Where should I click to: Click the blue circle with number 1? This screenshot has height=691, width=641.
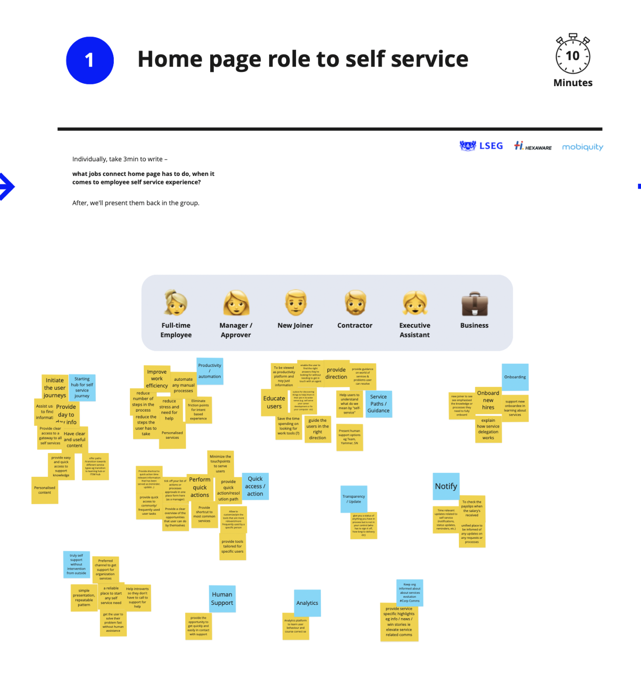(x=90, y=60)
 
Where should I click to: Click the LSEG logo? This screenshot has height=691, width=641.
(x=481, y=146)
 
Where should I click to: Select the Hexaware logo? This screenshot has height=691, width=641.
(x=533, y=146)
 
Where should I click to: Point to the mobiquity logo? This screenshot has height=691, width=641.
(x=582, y=147)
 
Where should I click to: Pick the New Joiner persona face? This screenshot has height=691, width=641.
(x=296, y=303)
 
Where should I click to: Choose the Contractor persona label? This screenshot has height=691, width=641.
(x=354, y=325)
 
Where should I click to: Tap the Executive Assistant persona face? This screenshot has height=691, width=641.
(x=415, y=303)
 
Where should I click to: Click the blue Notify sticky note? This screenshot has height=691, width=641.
(x=446, y=486)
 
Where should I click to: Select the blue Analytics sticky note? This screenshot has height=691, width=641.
(x=307, y=603)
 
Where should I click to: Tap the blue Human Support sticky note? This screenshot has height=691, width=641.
(x=222, y=599)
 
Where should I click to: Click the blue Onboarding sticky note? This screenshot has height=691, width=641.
(x=515, y=377)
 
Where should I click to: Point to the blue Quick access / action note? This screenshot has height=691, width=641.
(x=255, y=486)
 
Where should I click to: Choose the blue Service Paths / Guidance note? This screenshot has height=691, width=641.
(x=379, y=404)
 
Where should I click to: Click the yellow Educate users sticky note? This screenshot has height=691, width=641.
(x=274, y=402)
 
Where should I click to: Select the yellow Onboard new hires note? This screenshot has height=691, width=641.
(x=488, y=400)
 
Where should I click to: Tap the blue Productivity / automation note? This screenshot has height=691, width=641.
(x=210, y=371)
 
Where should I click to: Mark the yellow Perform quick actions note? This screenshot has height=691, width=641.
(x=200, y=487)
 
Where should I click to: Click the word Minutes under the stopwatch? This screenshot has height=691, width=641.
(x=573, y=83)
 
